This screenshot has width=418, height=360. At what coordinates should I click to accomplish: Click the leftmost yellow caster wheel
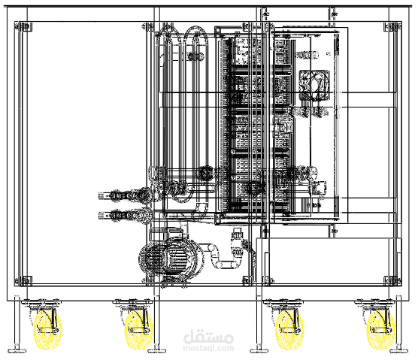click(x=47, y=330)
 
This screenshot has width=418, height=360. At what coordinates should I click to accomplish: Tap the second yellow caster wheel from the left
click(x=139, y=330)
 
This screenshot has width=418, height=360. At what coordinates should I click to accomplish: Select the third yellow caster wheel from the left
click(x=289, y=330)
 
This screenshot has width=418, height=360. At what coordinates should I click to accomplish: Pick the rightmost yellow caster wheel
click(x=380, y=330)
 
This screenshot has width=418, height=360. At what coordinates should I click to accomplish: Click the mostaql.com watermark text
click(x=209, y=348)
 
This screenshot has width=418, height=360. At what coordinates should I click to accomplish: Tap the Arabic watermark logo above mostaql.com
click(x=209, y=336)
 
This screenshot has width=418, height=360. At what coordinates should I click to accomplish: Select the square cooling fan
click(x=314, y=85)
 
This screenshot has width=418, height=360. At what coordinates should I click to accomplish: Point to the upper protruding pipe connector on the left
click(x=126, y=195)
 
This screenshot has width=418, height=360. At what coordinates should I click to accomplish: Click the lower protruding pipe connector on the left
click(x=126, y=214)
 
